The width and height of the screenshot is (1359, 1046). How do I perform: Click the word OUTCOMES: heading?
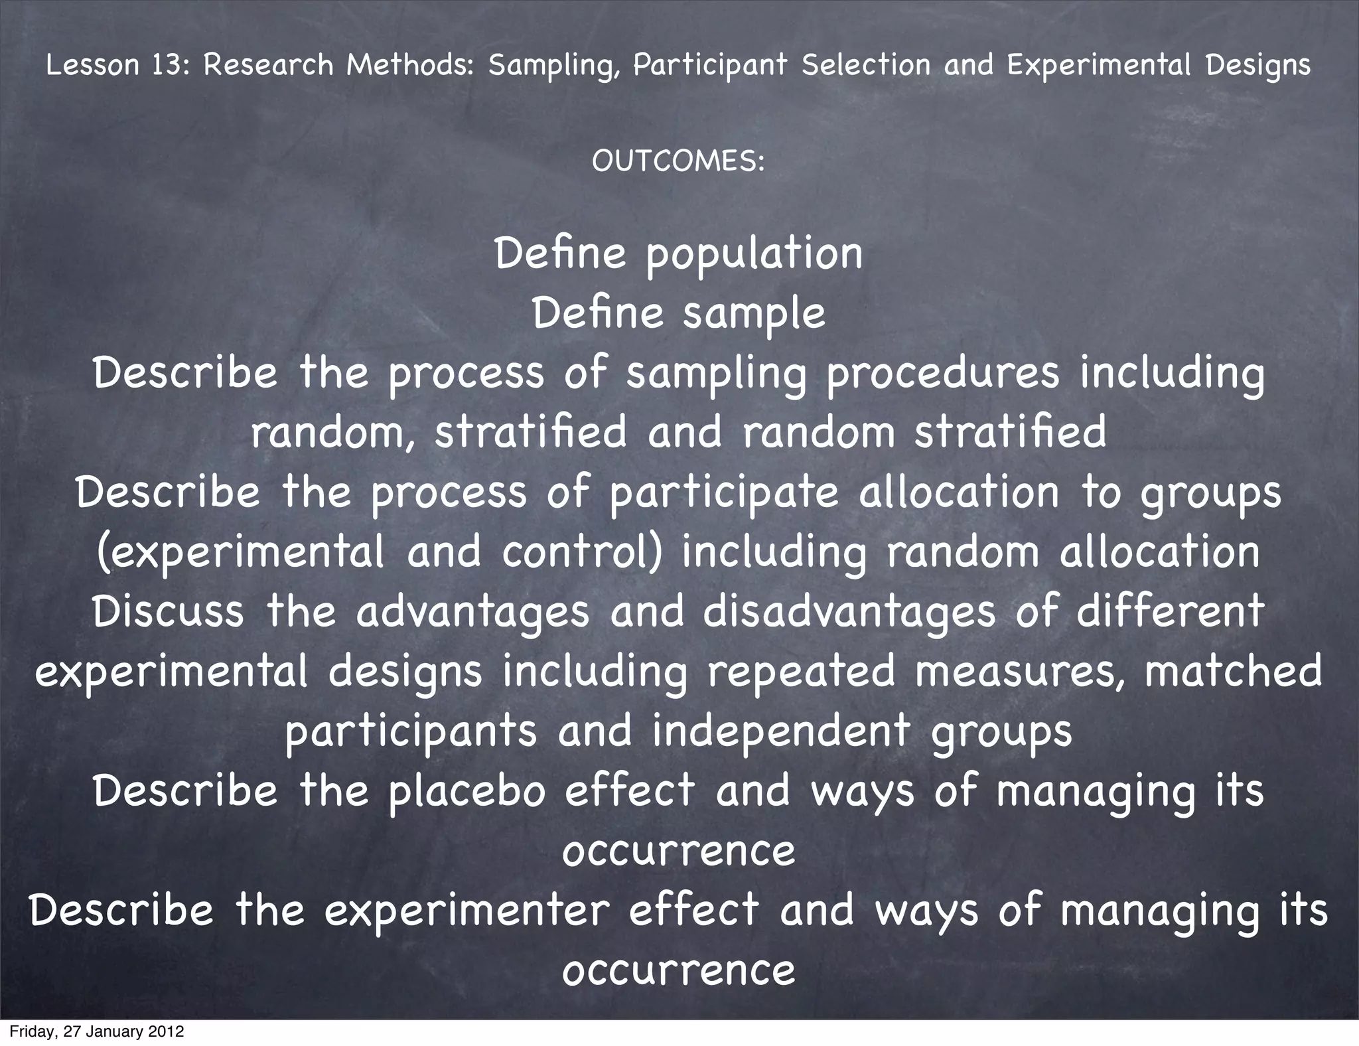(678, 161)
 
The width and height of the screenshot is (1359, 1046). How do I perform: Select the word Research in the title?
(268, 65)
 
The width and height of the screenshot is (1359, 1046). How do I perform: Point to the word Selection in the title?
(865, 65)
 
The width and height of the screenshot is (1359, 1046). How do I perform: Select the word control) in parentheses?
(582, 553)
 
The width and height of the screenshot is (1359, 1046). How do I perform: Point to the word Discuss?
(169, 612)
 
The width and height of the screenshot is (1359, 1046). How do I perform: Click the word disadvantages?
(849, 612)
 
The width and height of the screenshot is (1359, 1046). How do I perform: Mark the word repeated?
(800, 672)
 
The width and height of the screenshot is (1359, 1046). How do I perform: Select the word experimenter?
(466, 911)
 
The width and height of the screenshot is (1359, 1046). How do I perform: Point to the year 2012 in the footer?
(165, 1032)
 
